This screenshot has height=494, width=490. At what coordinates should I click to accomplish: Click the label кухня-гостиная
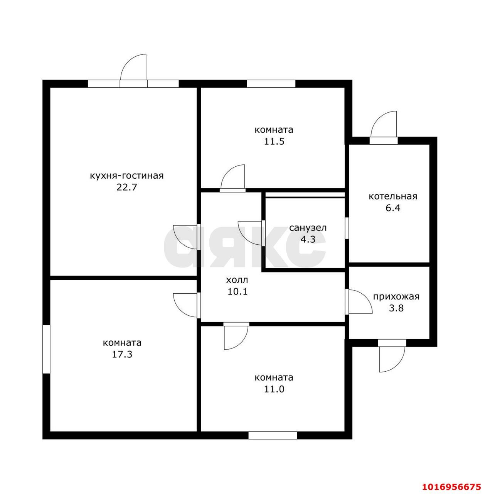[x=126, y=176]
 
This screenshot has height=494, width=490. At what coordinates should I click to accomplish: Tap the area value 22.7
[x=127, y=188]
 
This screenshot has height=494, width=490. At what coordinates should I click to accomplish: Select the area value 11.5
[x=274, y=142]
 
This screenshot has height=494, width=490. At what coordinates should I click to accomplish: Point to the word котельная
[x=393, y=196]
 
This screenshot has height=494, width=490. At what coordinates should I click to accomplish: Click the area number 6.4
[x=393, y=208]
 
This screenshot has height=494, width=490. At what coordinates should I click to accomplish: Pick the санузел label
[x=308, y=228]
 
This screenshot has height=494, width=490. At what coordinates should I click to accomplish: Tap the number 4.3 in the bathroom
[x=308, y=239]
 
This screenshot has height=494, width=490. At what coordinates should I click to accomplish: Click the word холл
[x=237, y=280]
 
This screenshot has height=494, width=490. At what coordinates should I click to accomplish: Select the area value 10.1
[x=237, y=291]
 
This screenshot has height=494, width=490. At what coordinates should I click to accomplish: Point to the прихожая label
[x=396, y=297]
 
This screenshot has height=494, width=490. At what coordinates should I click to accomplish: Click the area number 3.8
[x=396, y=308]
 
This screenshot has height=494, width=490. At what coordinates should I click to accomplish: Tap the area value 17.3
[x=122, y=354]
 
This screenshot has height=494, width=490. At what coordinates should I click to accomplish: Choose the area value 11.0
[x=274, y=389]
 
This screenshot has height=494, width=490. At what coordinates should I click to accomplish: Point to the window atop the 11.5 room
[x=271, y=84]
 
